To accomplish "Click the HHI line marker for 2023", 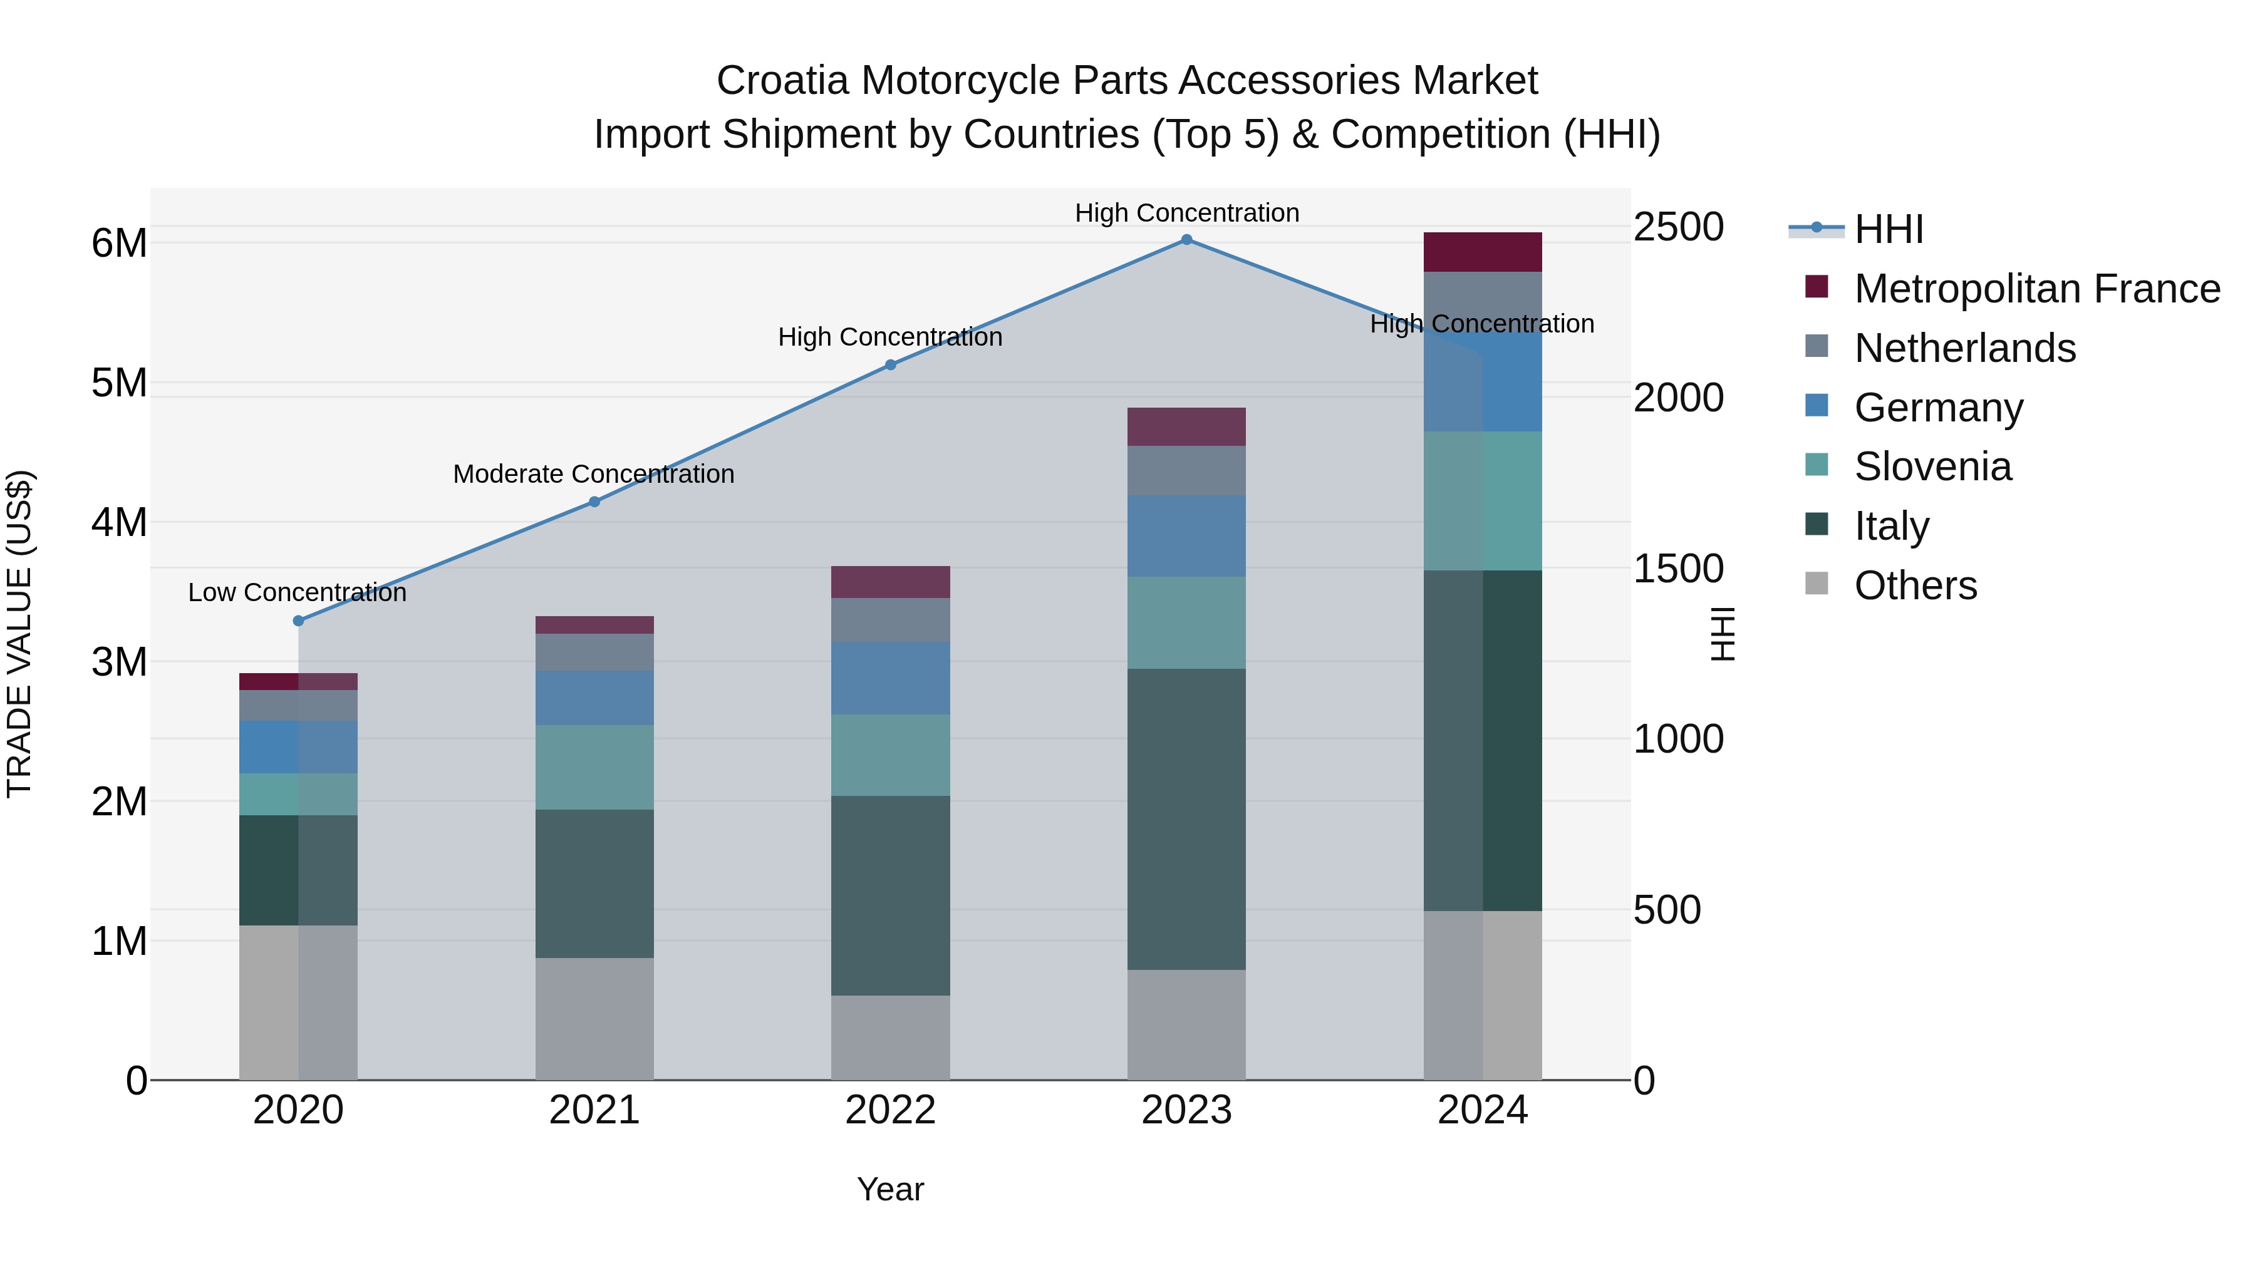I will pos(1186,240).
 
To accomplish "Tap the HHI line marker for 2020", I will pos(299,621).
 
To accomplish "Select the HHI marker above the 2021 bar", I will pos(594,502).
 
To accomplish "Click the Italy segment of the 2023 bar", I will pos(1186,818).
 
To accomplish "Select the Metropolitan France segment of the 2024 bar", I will pos(1482,252).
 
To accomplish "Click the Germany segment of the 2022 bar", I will pos(890,678).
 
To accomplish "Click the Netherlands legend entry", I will pos(1964,348).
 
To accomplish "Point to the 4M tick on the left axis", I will pos(119,522).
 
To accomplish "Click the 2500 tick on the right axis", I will pos(1678,227).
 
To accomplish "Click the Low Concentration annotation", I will pos(298,592).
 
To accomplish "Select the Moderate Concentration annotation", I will pos(594,474).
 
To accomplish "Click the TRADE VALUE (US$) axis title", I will pos(19,634).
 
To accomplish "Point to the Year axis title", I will pos(890,1189).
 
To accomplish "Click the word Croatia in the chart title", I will pos(782,81).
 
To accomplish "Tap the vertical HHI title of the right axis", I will pos(1723,634).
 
